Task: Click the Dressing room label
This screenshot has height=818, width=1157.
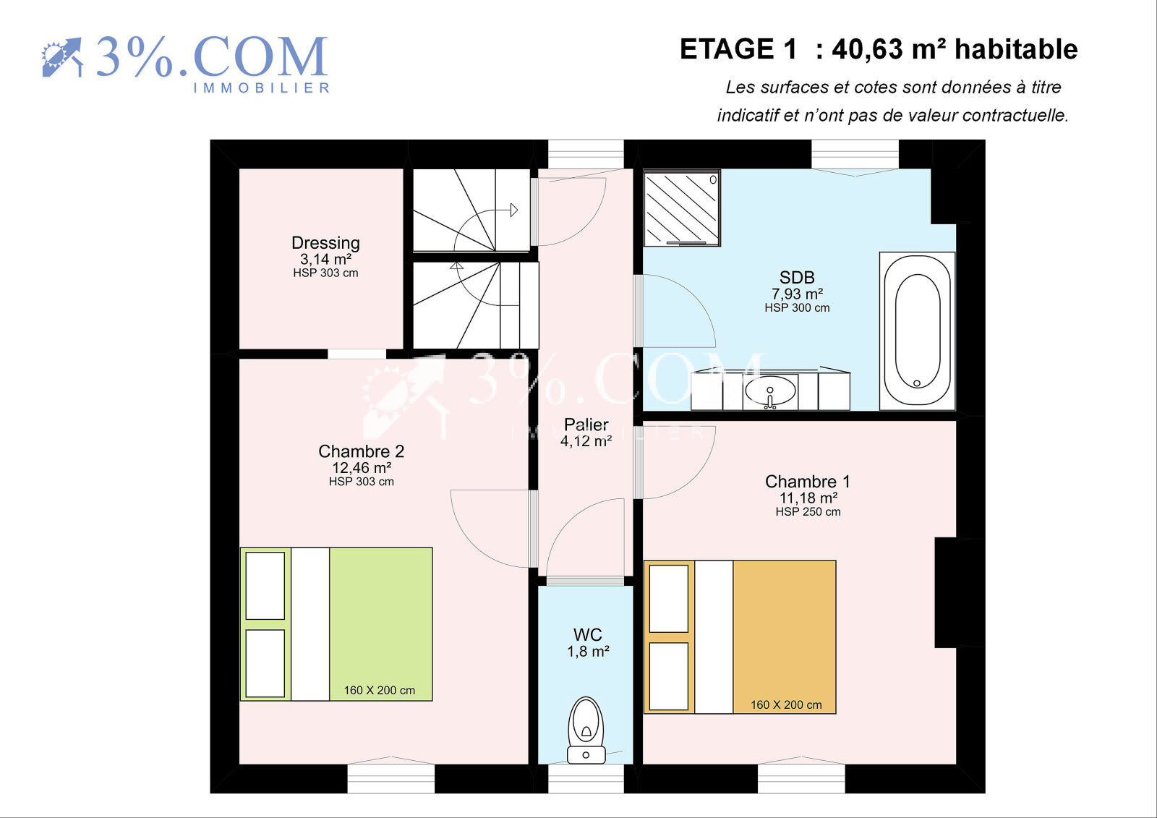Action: pos(325,243)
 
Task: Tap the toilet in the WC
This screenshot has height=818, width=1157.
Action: pos(586,730)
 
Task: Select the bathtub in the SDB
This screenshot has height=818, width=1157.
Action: pos(918,331)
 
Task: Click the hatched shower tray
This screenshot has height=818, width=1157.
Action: pos(682,208)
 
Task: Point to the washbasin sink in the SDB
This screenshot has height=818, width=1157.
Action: pos(769,391)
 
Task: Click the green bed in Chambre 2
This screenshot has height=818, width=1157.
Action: pos(336,624)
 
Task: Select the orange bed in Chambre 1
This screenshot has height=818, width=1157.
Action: pos(740,637)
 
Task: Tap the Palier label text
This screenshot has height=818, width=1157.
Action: pos(586,425)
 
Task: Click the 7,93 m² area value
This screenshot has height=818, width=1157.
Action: pos(797,294)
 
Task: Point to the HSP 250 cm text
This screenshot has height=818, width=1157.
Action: pos(808,511)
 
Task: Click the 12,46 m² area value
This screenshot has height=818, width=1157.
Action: pos(362,468)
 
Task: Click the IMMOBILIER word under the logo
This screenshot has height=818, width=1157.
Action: pos(261,88)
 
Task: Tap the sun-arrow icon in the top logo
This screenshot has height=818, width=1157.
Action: pos(62,57)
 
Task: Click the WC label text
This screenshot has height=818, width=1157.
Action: pos(587,634)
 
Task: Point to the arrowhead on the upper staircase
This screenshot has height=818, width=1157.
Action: pos(514,210)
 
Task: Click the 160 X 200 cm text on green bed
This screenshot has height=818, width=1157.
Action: pos(380,691)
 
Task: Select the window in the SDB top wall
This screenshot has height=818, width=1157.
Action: pos(855,154)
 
